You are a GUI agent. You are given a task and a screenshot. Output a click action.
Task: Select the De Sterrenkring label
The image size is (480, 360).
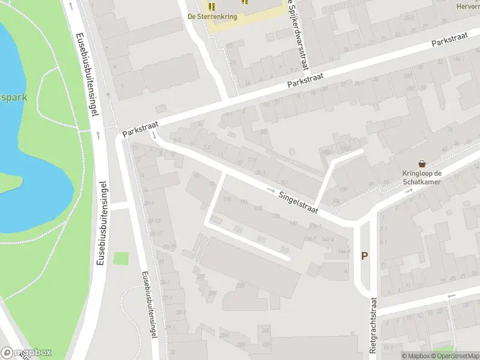coord(212,17)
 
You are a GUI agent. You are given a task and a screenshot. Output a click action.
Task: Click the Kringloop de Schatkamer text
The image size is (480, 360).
coord(422,178)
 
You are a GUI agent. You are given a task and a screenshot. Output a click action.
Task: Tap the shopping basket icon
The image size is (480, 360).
coord(422,164)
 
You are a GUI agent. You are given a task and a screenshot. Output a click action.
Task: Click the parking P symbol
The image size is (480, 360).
coord(364,256)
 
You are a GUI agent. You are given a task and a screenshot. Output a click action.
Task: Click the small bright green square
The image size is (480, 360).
coord(121,259)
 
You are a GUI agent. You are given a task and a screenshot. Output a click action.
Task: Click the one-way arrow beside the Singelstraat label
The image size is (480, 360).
coord(271,190)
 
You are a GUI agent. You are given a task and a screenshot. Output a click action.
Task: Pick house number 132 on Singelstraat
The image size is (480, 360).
coord(293,223)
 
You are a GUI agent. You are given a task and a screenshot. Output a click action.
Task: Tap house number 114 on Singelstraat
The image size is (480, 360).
coord(243,202)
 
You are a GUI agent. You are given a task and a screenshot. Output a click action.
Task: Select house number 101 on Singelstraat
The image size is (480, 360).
coord(284,183)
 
